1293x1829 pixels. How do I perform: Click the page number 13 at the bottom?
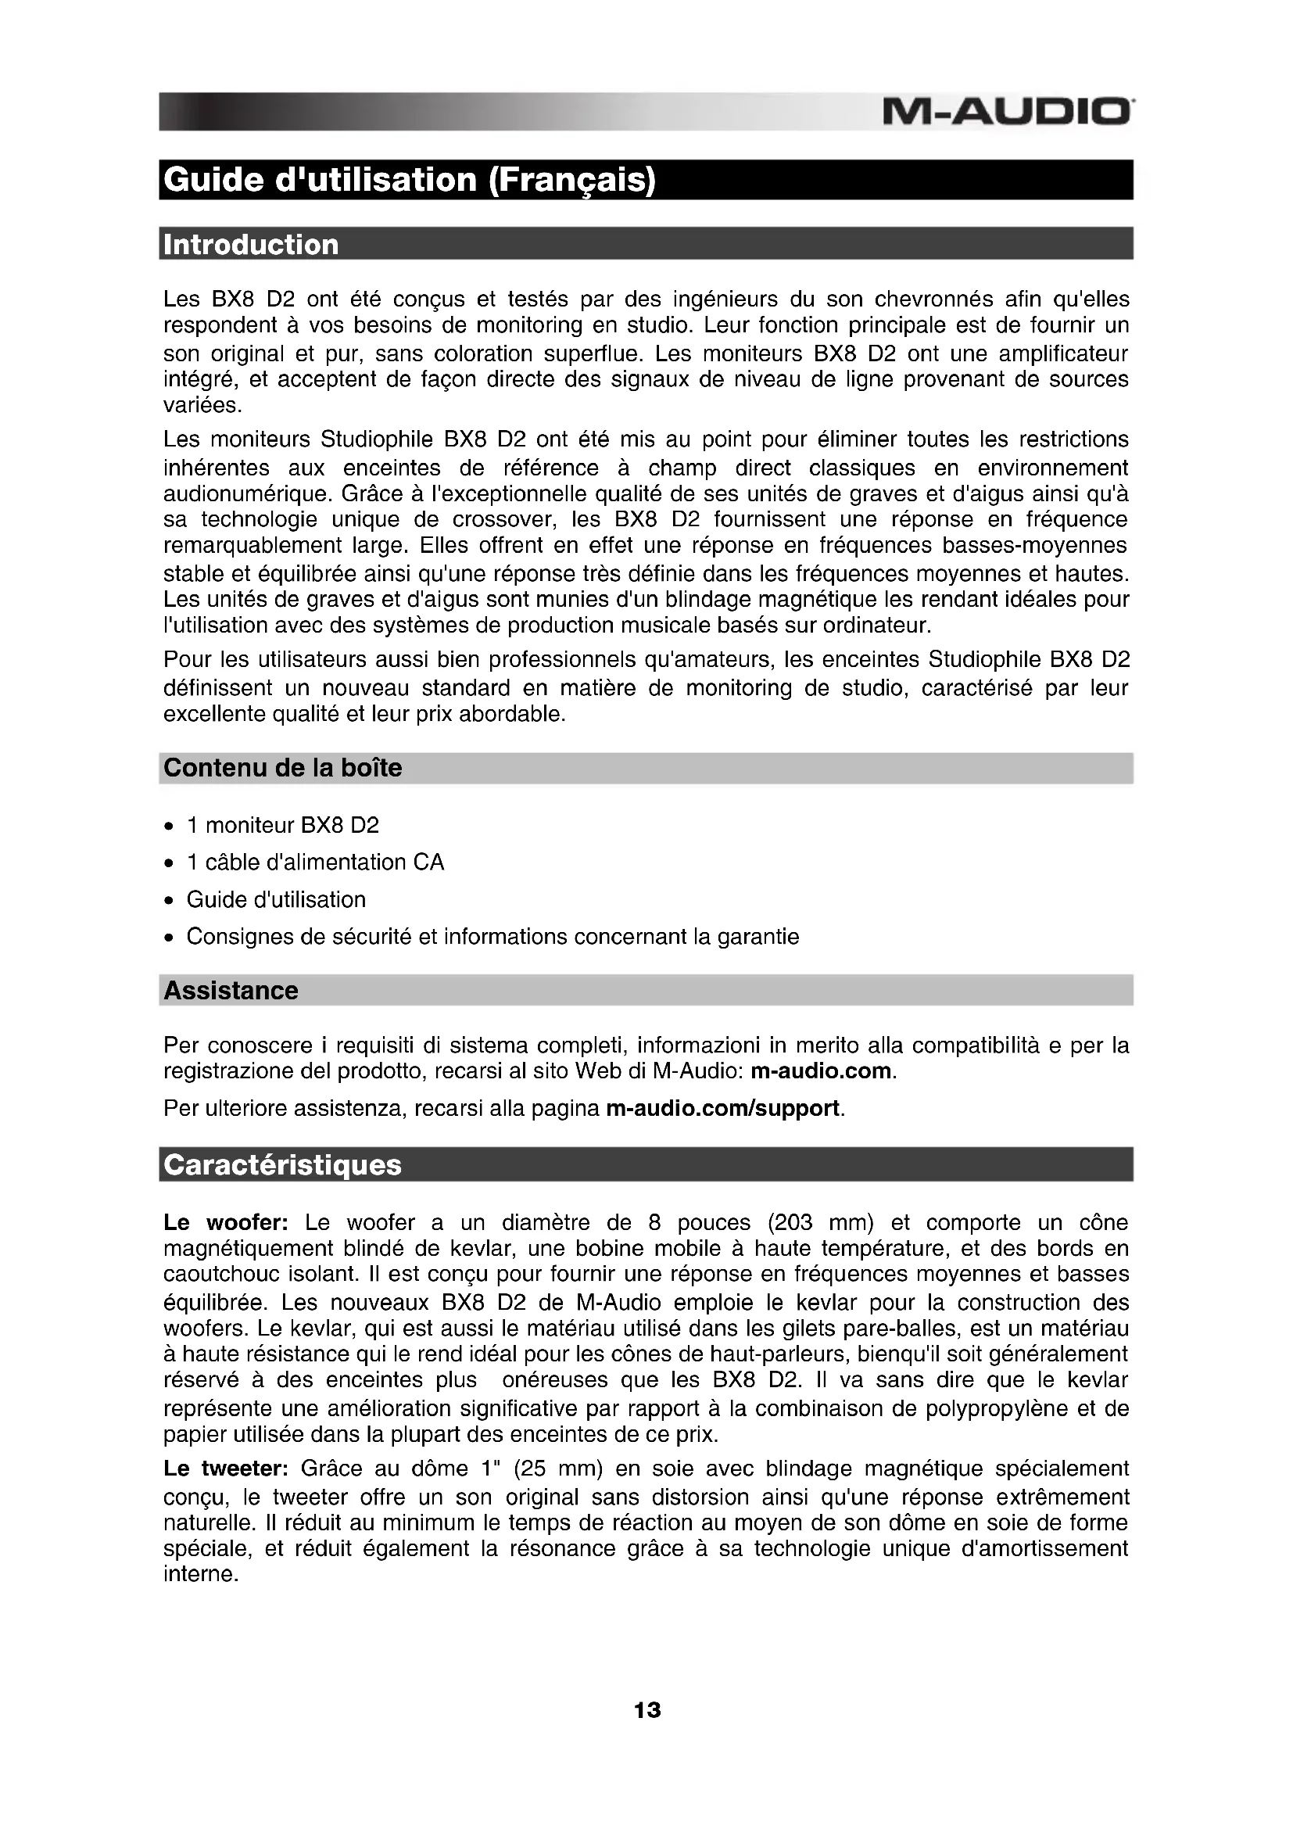(646, 1710)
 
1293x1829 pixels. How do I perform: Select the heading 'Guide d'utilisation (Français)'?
(409, 180)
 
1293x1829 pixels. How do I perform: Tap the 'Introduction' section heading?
(251, 245)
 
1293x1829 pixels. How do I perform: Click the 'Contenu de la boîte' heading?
(283, 768)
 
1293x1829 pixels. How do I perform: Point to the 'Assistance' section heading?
(231, 990)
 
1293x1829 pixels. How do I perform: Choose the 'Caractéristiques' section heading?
(283, 1164)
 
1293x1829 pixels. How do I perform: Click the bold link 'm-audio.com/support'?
(722, 1108)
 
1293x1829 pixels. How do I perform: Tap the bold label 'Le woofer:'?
(225, 1222)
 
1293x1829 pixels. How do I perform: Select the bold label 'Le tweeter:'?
(225, 1469)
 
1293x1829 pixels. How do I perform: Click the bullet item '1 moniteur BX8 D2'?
(283, 825)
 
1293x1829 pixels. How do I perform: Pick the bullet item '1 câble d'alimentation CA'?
(315, 862)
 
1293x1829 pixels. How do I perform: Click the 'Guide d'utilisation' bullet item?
(276, 899)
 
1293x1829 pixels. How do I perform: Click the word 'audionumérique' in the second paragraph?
(246, 494)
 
